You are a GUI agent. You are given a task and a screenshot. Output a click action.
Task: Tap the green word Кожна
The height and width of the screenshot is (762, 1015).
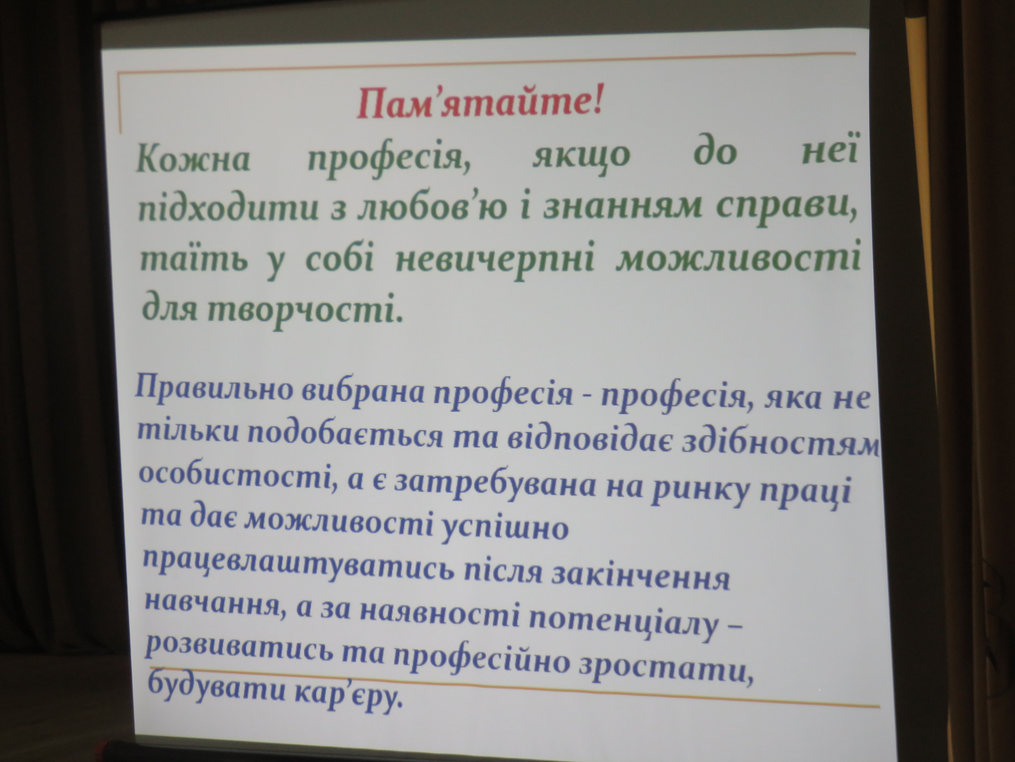point(193,159)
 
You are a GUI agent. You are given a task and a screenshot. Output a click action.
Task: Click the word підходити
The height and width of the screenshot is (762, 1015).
point(228,210)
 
